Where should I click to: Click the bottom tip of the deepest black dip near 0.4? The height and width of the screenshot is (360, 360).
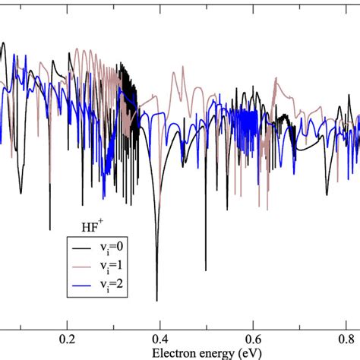point(157,301)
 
